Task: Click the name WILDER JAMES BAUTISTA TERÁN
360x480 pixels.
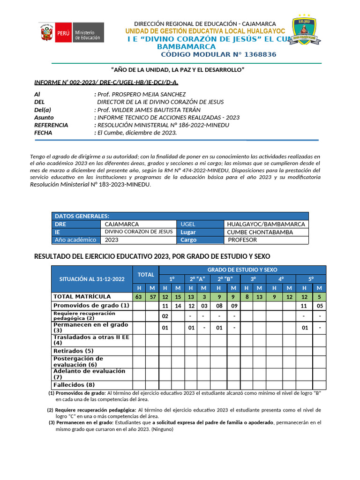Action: (x=153, y=110)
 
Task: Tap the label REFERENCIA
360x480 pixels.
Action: (x=51, y=125)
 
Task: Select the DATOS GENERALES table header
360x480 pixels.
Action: (x=82, y=216)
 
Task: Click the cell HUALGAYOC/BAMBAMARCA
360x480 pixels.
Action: (x=266, y=224)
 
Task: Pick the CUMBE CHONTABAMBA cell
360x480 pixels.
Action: (x=260, y=232)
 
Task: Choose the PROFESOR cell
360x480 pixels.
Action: (x=242, y=240)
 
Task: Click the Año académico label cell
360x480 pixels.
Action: (x=75, y=240)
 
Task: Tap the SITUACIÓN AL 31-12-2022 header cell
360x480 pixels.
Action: (x=92, y=279)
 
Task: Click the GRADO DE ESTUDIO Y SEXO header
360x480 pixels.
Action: (x=242, y=270)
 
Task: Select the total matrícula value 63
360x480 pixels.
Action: (x=138, y=297)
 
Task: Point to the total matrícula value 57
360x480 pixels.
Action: (x=152, y=297)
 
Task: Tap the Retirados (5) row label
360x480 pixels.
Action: (x=74, y=351)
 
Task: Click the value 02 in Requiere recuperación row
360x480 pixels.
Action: (x=165, y=316)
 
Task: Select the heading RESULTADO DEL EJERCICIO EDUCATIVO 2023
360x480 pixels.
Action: (x=152, y=256)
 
